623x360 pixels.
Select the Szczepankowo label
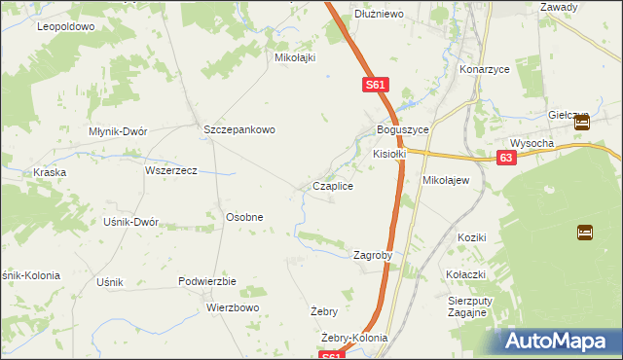pyautogui.click(x=239, y=129)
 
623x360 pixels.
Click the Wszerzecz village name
pyautogui.click(x=171, y=170)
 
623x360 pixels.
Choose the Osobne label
pyautogui.click(x=244, y=217)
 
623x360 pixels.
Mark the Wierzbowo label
pyautogui.click(x=233, y=307)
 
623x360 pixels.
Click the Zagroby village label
pyautogui.click(x=372, y=256)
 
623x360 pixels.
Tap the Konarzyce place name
pyautogui.click(x=484, y=70)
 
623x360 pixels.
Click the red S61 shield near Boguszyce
pyautogui.click(x=378, y=86)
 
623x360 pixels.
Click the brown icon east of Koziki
pyautogui.click(x=585, y=232)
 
